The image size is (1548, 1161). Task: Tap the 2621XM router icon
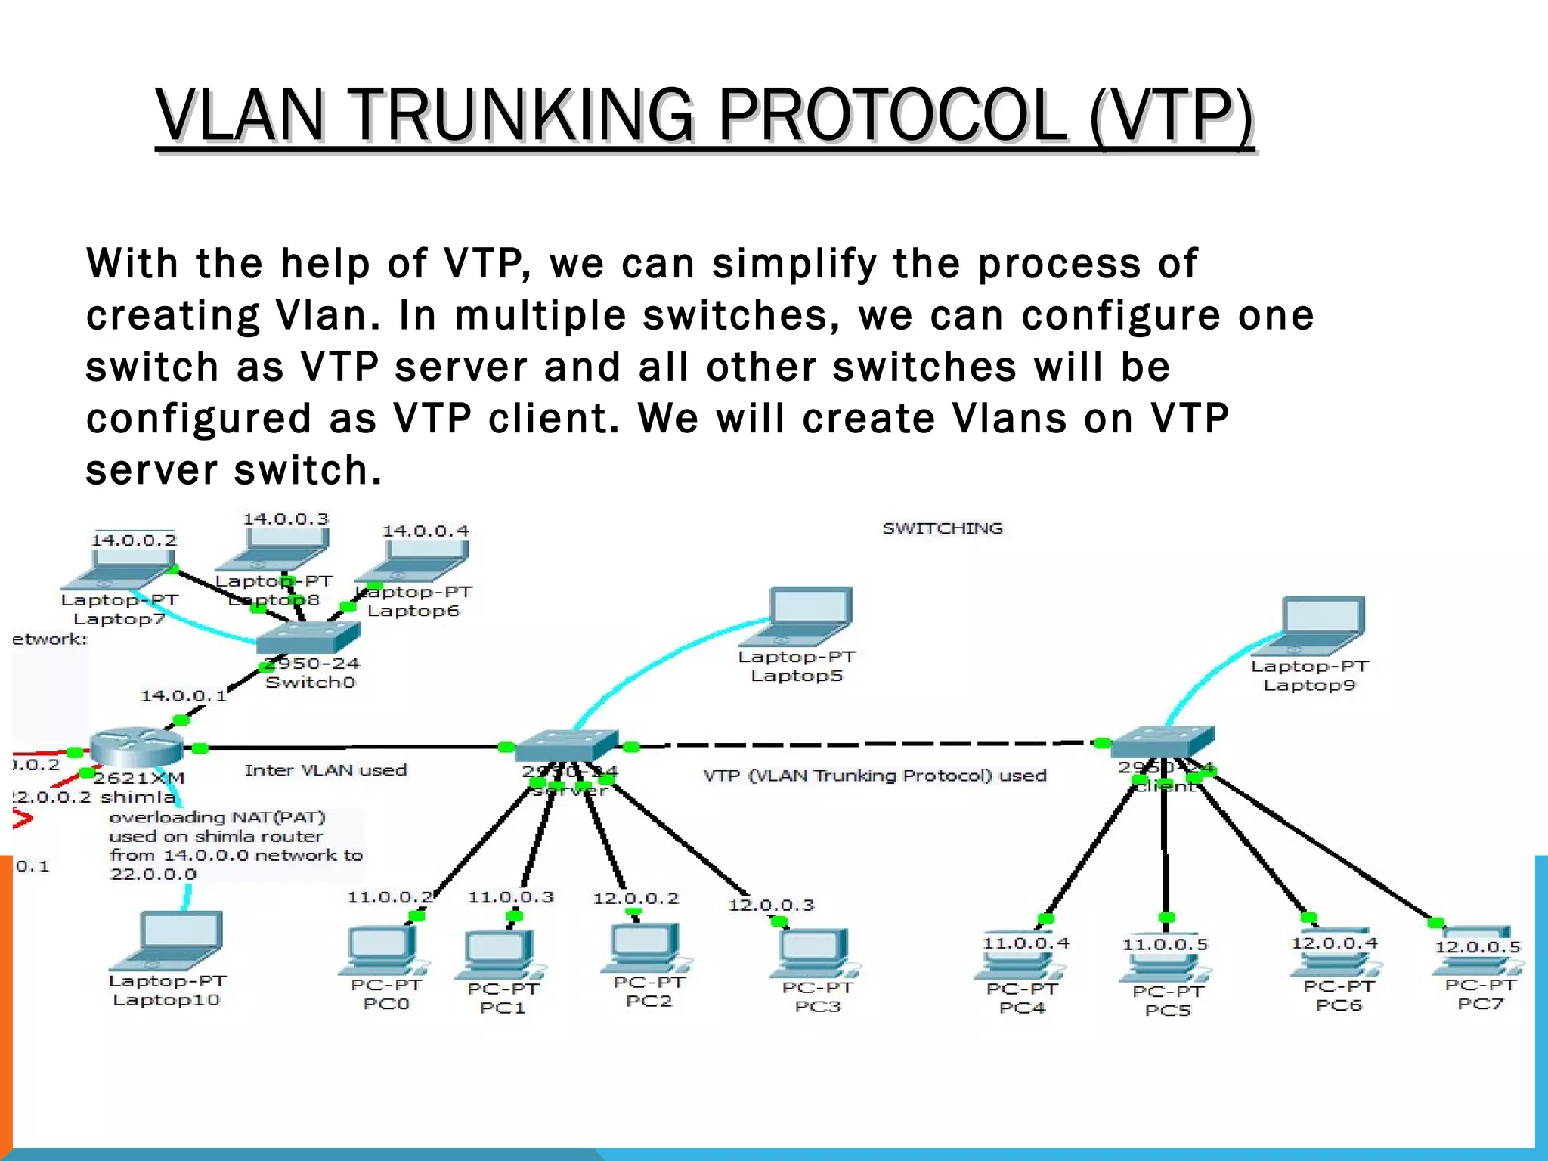pos(136,747)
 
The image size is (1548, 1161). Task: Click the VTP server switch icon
pos(567,745)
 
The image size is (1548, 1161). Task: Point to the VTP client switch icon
pos(1163,741)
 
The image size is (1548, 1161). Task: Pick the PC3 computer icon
pos(815,954)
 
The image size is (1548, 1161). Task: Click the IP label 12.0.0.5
pos(1478,947)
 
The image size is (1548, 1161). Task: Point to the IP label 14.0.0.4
pos(426,531)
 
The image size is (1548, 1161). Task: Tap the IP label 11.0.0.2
pos(389,898)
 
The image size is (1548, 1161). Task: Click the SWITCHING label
pos(943,528)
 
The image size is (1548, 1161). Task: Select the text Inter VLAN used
pos(326,770)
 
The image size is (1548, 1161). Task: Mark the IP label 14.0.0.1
pos(184,695)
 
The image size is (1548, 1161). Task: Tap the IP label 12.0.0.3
pos(771,906)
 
